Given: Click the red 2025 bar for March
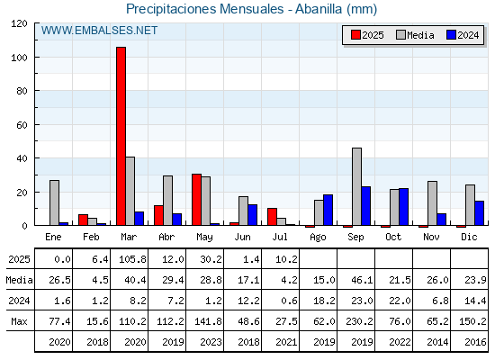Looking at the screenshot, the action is pyautogui.click(x=121, y=136).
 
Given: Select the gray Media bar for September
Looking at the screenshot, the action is pyautogui.click(x=356, y=186).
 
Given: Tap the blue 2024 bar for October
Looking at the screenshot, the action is pyautogui.click(x=404, y=207).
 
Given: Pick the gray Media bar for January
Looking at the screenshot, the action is pyautogui.click(x=54, y=202).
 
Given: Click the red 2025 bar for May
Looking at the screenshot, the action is pyautogui.click(x=197, y=200).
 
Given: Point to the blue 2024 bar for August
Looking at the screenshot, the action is pyautogui.click(x=328, y=210).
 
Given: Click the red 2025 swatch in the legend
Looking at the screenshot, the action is pyautogui.click(x=355, y=35).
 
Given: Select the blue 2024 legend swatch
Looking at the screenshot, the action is pyautogui.click(x=451, y=35).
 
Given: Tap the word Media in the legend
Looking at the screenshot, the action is pyautogui.click(x=420, y=35).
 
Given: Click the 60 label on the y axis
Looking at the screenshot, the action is pyautogui.click(x=22, y=125).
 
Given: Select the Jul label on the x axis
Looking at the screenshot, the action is pyautogui.click(x=280, y=237).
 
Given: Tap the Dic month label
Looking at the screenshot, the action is pyautogui.click(x=469, y=237).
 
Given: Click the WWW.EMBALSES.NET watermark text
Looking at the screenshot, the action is pyautogui.click(x=99, y=31).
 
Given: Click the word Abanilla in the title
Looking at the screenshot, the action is pyautogui.click(x=319, y=9).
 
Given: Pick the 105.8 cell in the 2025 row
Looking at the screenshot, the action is pyautogui.click(x=133, y=259).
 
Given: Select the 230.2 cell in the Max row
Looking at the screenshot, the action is pyautogui.click(x=360, y=321).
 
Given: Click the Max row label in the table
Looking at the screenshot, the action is pyautogui.click(x=19, y=321).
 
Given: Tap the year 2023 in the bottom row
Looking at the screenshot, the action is pyautogui.click(x=211, y=342).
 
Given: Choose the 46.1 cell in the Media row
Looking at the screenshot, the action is pyautogui.click(x=362, y=280).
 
